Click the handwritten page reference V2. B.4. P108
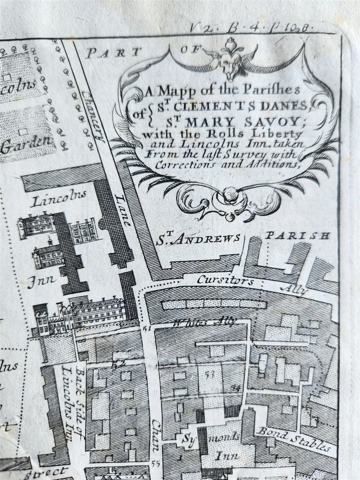[252, 27]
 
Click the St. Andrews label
[198, 239]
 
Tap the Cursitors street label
[225, 280]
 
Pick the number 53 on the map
[209, 374]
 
